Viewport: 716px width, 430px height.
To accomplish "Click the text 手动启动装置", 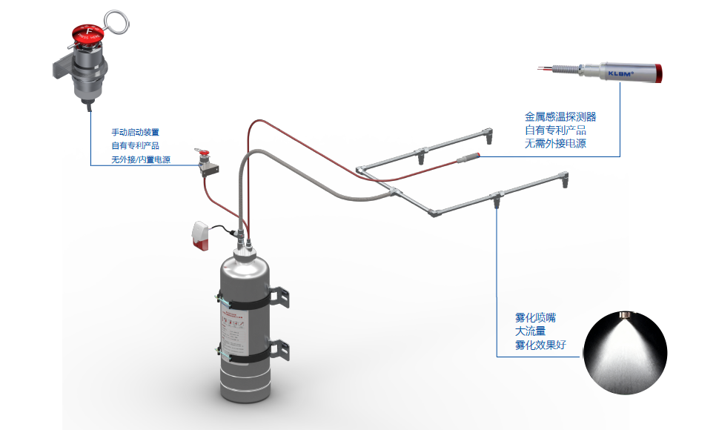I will pyautogui.click(x=135, y=132).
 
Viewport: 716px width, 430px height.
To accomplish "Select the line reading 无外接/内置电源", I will pyautogui.click(x=140, y=159).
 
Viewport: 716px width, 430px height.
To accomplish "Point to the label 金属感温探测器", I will pyautogui.click(x=560, y=116).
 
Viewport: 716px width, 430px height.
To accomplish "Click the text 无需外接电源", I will pyautogui.click(x=555, y=143).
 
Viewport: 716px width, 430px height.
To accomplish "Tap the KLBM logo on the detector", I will pyautogui.click(x=620, y=73).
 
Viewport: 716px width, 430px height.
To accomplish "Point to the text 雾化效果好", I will pyautogui.click(x=540, y=344).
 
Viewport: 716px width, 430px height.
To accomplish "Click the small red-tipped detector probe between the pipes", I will pyautogui.click(x=470, y=158).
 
